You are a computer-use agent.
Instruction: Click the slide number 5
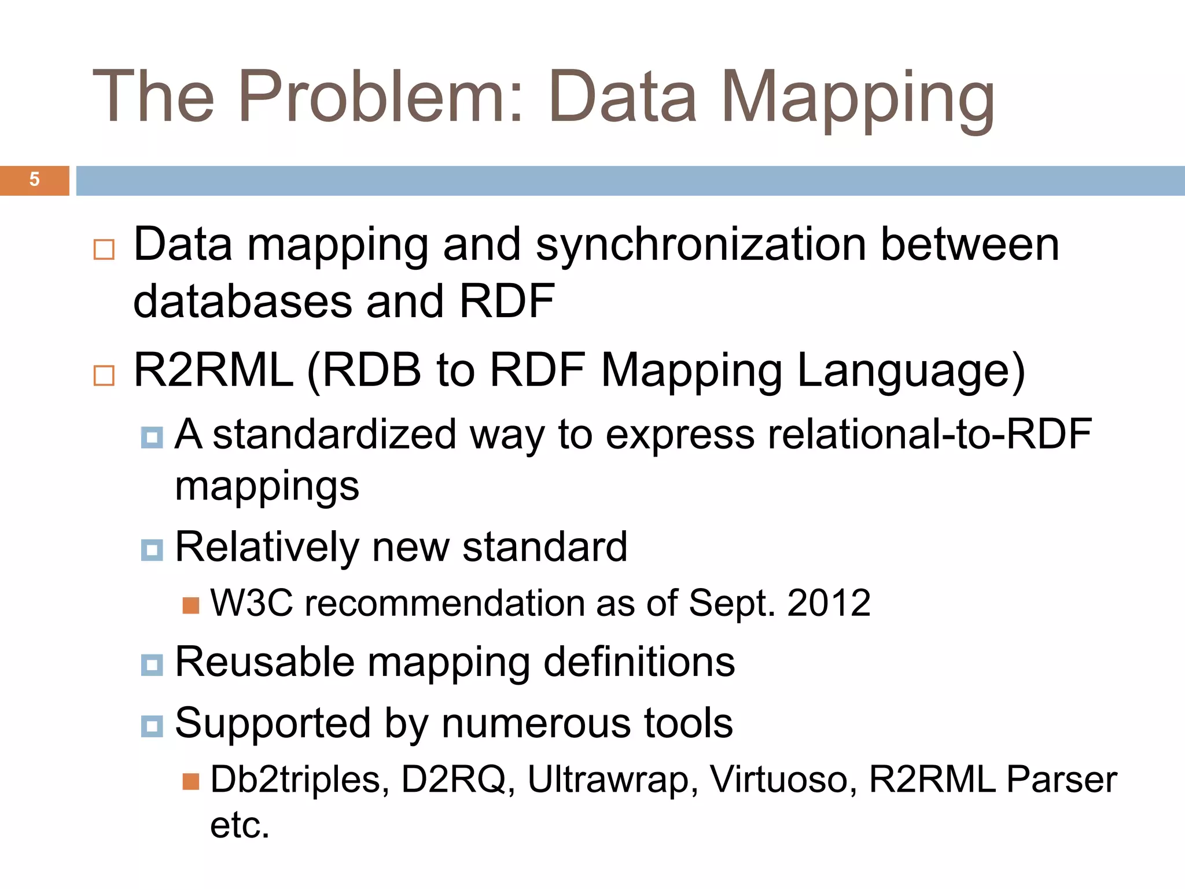[x=34, y=179]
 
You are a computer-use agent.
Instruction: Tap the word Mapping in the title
[x=857, y=98]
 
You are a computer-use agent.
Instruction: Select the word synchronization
[x=701, y=245]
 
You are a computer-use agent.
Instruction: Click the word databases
[x=242, y=302]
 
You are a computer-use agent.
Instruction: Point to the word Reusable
[x=264, y=662]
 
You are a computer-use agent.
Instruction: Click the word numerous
[x=535, y=723]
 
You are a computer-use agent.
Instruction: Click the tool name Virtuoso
[x=783, y=780]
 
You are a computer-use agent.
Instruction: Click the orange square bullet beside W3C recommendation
[x=191, y=605]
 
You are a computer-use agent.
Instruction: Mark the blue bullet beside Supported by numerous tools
[x=152, y=725]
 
